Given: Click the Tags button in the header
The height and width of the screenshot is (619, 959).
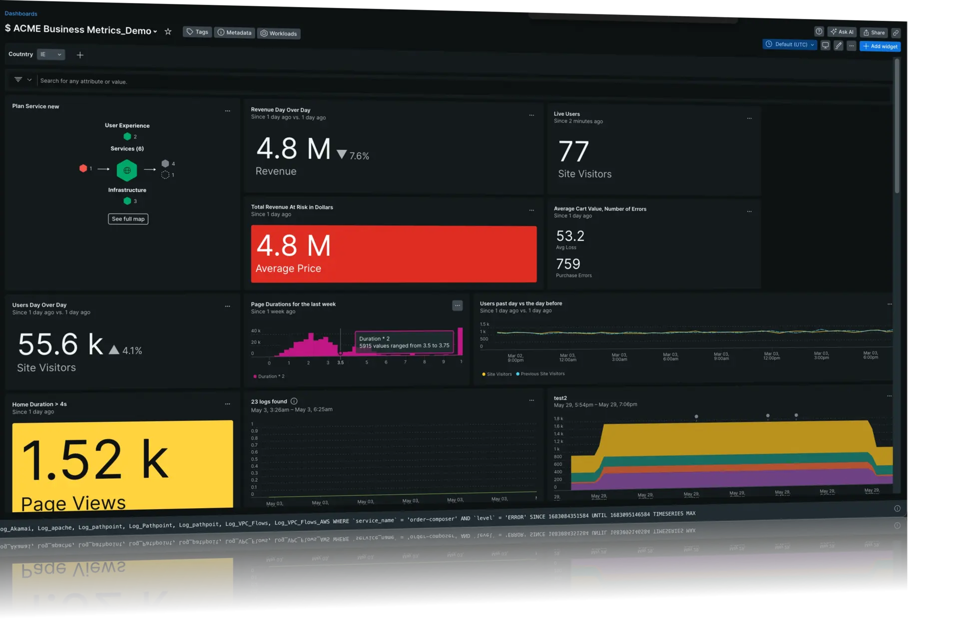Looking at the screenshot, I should click(x=197, y=32).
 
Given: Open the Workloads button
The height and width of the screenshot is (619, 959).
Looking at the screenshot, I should click(x=279, y=33).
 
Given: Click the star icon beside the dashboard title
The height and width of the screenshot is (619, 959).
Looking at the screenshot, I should click(x=168, y=31).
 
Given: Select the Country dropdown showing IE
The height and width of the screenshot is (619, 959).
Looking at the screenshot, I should click(x=51, y=54).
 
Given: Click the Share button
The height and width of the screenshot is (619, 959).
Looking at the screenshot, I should click(x=874, y=32).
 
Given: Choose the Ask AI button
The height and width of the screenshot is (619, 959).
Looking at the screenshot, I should click(x=842, y=32).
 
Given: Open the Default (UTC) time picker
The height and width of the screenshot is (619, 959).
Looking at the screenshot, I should click(x=790, y=44).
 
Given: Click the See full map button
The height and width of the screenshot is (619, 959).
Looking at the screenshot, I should click(x=128, y=219).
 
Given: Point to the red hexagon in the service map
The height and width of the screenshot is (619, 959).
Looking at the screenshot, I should click(x=83, y=168).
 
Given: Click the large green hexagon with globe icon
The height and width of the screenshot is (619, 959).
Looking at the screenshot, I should click(x=127, y=170).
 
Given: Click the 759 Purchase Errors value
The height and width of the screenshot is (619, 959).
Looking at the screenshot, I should click(x=568, y=264).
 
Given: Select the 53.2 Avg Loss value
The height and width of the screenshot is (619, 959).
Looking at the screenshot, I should click(x=570, y=236).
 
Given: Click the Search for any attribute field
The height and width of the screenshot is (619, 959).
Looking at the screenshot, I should click(x=83, y=81).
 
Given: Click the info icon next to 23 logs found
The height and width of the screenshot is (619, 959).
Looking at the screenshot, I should click(x=294, y=401).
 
